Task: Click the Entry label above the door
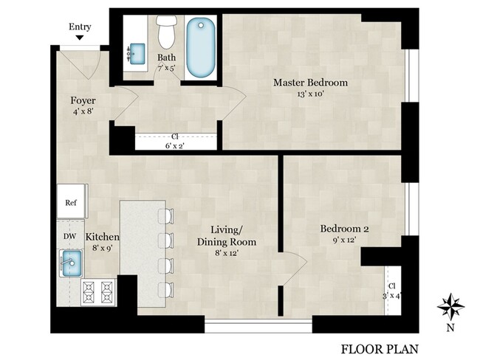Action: coord(80,27)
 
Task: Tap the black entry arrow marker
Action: coord(80,38)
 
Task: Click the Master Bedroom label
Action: coord(310,83)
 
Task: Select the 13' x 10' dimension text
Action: coord(310,94)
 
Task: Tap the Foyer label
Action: coord(83,100)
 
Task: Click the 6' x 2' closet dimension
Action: coord(175,145)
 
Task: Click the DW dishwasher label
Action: coord(70,236)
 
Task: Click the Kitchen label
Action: coord(102,237)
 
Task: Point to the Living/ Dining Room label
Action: coord(226,236)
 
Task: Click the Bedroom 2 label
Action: coord(344,229)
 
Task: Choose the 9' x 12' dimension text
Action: coord(344,240)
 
